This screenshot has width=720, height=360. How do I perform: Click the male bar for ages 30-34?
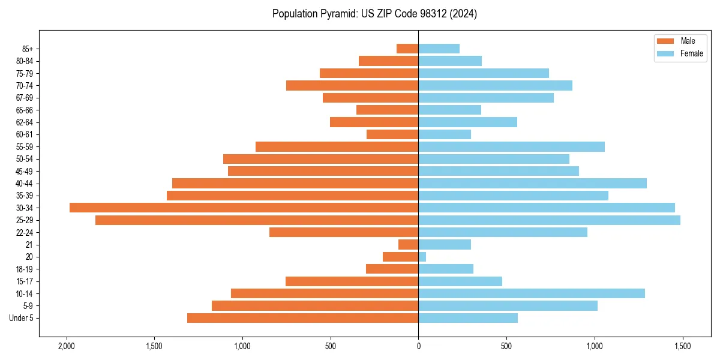244,208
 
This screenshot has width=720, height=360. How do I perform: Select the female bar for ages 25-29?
549,220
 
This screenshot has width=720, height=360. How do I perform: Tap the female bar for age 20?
422,257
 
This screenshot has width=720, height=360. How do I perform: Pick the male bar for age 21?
409,245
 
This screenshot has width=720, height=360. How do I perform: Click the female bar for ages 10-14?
532,293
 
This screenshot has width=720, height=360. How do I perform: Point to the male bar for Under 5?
302,318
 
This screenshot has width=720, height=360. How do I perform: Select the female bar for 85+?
439,49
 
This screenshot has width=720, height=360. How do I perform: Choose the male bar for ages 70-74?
352,85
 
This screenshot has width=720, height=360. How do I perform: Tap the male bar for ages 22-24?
344,232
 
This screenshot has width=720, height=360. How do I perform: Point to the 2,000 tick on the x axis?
66,347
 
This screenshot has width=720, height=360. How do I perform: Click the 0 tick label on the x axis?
418,347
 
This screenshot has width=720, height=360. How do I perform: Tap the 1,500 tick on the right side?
682,347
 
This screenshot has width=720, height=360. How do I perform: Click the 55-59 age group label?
24,147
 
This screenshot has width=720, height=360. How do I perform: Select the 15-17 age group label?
24,281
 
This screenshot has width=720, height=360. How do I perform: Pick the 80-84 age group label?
24,61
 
